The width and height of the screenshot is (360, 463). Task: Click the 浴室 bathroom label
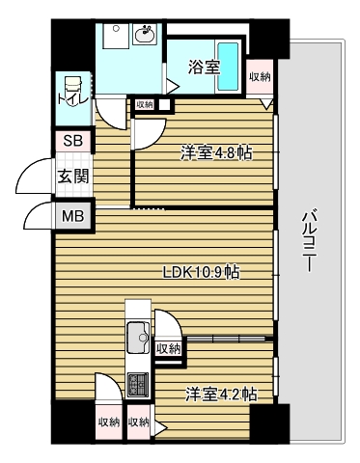tap(204, 68)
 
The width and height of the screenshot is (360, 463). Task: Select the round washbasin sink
tap(146, 37)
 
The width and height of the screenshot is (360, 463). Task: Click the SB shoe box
tap(73, 141)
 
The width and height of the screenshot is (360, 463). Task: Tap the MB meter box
tap(73, 215)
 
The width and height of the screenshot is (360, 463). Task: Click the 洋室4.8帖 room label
tap(218, 152)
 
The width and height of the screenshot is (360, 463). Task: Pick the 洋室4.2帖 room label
tap(221, 394)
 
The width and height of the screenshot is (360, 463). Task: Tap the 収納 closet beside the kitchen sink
tap(168, 349)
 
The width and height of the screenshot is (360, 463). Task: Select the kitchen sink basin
tap(136, 340)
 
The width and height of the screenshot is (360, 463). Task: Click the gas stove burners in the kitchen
tap(137, 384)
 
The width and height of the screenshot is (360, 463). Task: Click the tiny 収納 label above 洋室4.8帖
tap(145, 104)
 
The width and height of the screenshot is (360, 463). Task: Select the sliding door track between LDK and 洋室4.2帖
tap(228, 338)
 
